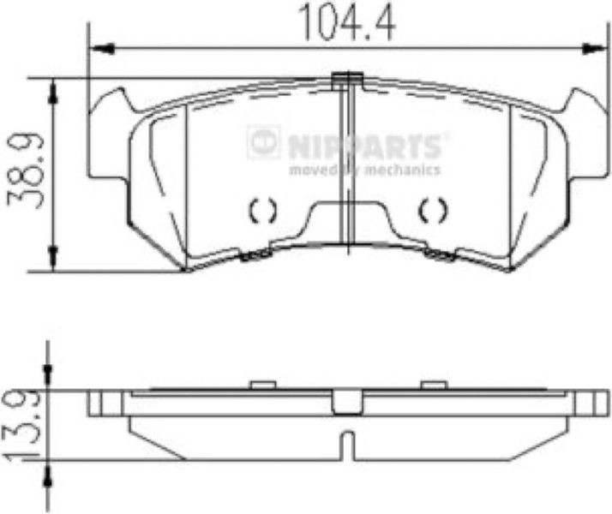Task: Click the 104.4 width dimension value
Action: tap(347, 23)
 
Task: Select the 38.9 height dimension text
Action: tap(25, 172)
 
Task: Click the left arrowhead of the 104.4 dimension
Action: tap(102, 49)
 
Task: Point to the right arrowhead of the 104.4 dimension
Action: tap(591, 49)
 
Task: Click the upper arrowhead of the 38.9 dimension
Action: tap(52, 93)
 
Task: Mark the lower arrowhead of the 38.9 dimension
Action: tap(52, 257)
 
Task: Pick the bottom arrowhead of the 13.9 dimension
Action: tap(48, 475)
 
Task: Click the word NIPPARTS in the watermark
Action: tap(366, 146)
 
